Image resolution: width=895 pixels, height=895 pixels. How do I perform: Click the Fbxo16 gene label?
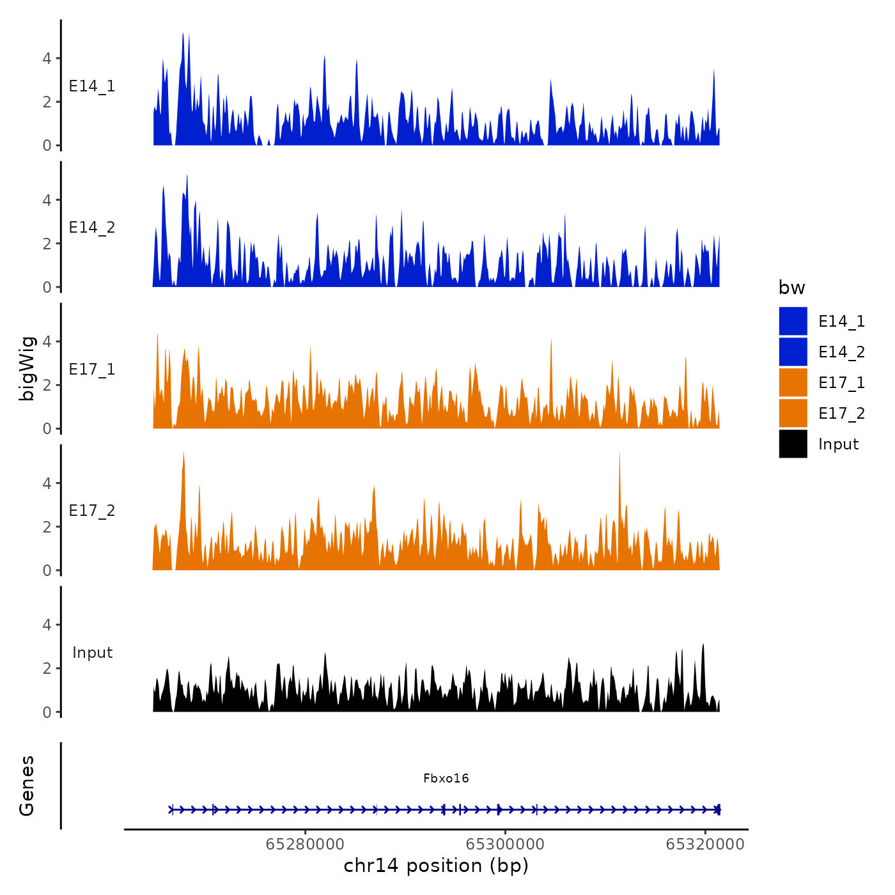click(x=446, y=778)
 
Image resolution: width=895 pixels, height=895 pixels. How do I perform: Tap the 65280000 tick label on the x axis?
click(x=305, y=844)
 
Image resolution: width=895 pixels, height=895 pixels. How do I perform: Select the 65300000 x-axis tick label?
click(x=505, y=844)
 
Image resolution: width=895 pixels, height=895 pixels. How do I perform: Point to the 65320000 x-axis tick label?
click(x=705, y=844)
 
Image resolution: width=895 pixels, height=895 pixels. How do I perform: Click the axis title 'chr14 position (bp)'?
click(x=436, y=866)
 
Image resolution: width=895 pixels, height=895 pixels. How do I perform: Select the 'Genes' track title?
click(x=27, y=786)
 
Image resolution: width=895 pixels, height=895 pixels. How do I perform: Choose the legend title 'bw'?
click(x=791, y=288)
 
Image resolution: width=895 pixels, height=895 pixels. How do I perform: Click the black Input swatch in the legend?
click(x=793, y=444)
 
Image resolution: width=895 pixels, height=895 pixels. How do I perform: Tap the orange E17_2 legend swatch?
click(x=793, y=413)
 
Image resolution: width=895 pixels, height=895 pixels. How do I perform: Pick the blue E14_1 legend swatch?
click(x=793, y=321)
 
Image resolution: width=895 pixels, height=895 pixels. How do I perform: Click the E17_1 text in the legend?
click(x=841, y=383)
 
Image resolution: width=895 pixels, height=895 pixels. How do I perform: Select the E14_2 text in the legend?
click(x=841, y=352)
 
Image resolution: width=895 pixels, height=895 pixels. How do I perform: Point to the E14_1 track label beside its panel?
click(x=92, y=86)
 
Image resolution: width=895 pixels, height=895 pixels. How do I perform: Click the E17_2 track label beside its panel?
click(x=92, y=511)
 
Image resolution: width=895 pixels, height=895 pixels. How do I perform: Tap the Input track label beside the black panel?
click(x=92, y=653)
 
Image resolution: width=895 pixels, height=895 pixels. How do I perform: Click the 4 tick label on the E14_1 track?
click(x=47, y=59)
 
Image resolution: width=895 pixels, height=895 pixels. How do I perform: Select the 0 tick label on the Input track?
click(x=47, y=712)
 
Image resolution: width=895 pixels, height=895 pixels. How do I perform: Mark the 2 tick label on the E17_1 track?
click(x=47, y=385)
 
